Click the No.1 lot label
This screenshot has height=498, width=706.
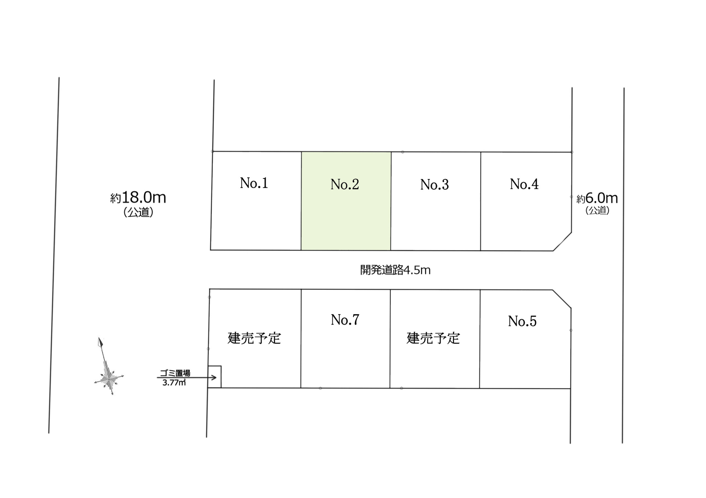click(254, 183)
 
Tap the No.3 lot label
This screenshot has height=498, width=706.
click(434, 185)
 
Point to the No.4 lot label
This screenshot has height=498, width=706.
click(524, 184)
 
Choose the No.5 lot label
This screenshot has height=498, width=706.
click(522, 321)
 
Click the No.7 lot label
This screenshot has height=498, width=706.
click(345, 320)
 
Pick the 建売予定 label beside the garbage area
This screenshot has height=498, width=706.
click(254, 338)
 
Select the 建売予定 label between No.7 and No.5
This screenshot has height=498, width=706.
click(433, 338)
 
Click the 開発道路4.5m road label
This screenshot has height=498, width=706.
click(395, 270)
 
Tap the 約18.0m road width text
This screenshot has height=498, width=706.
click(138, 198)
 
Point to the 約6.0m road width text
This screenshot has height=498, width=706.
click(597, 198)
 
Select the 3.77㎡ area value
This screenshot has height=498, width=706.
click(174, 383)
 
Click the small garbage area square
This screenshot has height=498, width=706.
click(215, 377)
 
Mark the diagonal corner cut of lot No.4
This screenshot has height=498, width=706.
click(562, 241)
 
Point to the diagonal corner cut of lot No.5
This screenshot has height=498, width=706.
click(562, 299)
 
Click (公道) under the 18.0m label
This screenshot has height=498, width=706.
click(138, 212)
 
